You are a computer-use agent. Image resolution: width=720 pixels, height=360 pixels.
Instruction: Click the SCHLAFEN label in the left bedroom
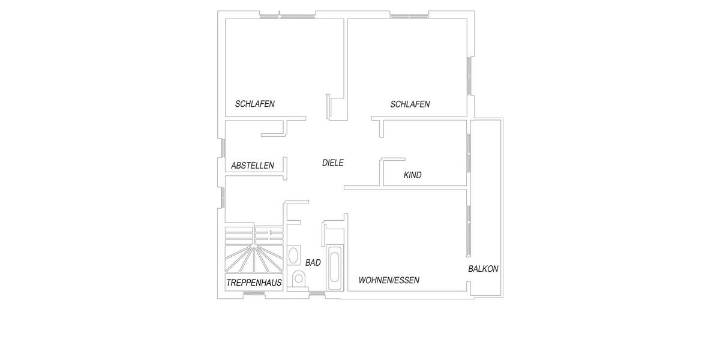pyautogui.click(x=255, y=104)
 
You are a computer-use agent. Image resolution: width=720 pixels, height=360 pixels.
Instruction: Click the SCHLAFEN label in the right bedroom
pyautogui.click(x=410, y=104)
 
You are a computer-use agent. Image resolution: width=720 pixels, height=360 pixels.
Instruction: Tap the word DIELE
pyautogui.click(x=333, y=163)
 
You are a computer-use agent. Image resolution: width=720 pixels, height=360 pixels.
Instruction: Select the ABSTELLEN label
pyautogui.click(x=253, y=166)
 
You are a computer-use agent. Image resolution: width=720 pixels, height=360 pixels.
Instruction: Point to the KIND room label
pyautogui.click(x=413, y=175)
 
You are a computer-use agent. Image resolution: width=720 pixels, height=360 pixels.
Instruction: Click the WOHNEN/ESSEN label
pyautogui.click(x=389, y=280)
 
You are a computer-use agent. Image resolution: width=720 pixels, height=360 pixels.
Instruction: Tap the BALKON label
pyautogui.click(x=483, y=269)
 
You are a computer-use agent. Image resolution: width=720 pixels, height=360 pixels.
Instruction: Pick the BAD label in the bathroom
pyautogui.click(x=313, y=263)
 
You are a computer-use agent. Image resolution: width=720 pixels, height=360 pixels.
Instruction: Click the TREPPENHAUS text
pyautogui.click(x=254, y=283)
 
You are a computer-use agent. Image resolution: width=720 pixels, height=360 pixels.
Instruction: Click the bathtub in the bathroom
pyautogui.click(x=334, y=266)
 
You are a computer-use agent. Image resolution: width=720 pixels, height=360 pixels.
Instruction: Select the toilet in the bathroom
pyautogui.click(x=298, y=278)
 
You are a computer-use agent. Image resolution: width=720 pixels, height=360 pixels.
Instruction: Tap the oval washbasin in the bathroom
pyautogui.click(x=294, y=255)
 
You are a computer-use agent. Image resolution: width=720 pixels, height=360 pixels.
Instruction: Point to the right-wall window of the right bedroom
pyautogui.click(x=469, y=76)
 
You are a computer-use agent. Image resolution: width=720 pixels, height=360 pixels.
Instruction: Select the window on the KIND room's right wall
pyautogui.click(x=469, y=153)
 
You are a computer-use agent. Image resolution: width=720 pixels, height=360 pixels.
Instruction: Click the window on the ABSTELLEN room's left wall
pyautogui.click(x=222, y=148)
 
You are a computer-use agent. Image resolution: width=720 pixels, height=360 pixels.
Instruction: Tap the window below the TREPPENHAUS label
pyautogui.click(x=256, y=293)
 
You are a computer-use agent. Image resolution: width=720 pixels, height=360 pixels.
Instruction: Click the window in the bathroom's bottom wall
pyautogui.click(x=316, y=293)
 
